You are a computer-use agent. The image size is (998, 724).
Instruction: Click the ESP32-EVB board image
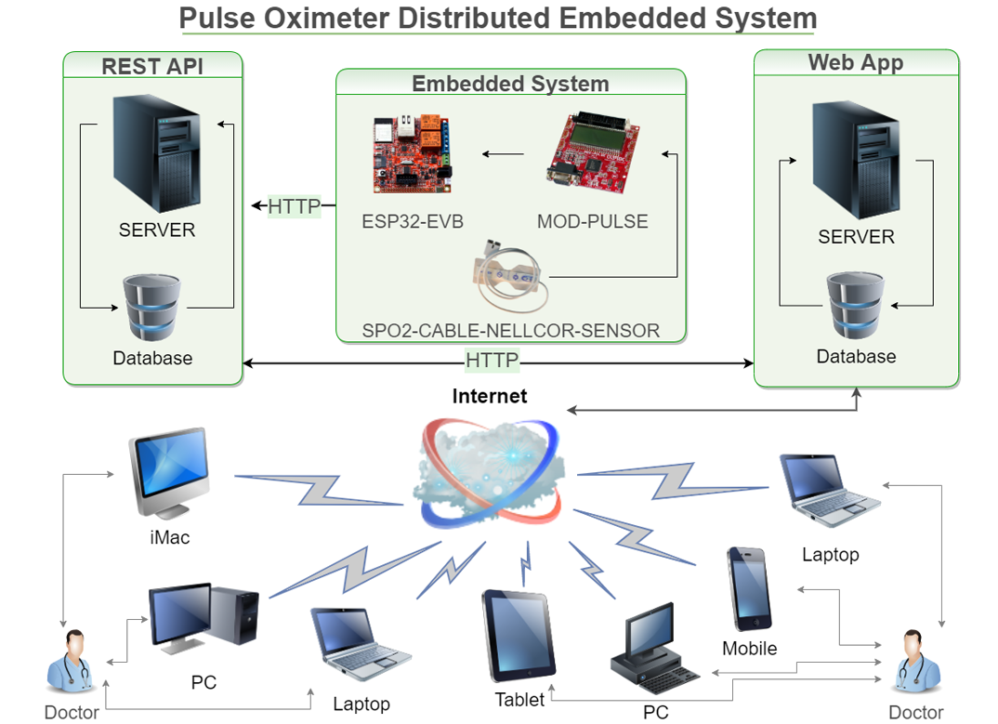[412, 151]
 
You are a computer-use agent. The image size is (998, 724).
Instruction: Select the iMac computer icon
[169, 473]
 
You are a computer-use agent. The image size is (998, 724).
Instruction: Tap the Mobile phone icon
[749, 588]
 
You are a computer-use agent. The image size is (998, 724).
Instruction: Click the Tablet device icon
[519, 635]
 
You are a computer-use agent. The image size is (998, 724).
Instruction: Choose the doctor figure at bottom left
[72, 662]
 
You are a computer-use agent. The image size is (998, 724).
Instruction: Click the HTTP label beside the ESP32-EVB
[294, 206]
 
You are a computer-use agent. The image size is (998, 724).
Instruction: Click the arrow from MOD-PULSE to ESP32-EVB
[502, 154]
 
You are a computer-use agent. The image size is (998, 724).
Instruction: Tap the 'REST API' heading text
[152, 66]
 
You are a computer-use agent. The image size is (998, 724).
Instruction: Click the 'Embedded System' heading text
[510, 84]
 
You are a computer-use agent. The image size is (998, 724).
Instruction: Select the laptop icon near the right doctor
[830, 492]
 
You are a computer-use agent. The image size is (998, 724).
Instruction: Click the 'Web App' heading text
[855, 62]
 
